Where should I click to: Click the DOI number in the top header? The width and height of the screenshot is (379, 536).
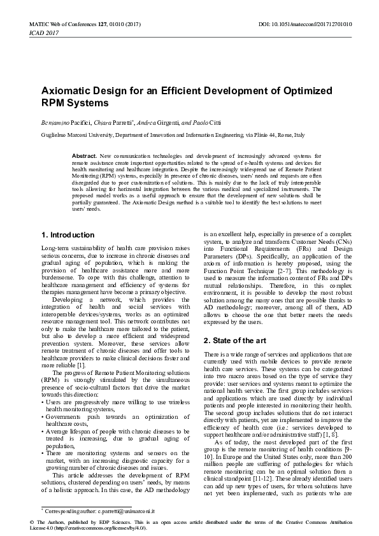[x=327, y=24]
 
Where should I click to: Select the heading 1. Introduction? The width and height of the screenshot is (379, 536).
[x=68, y=235]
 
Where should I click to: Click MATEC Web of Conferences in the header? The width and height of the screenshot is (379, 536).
[x=64, y=24]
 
